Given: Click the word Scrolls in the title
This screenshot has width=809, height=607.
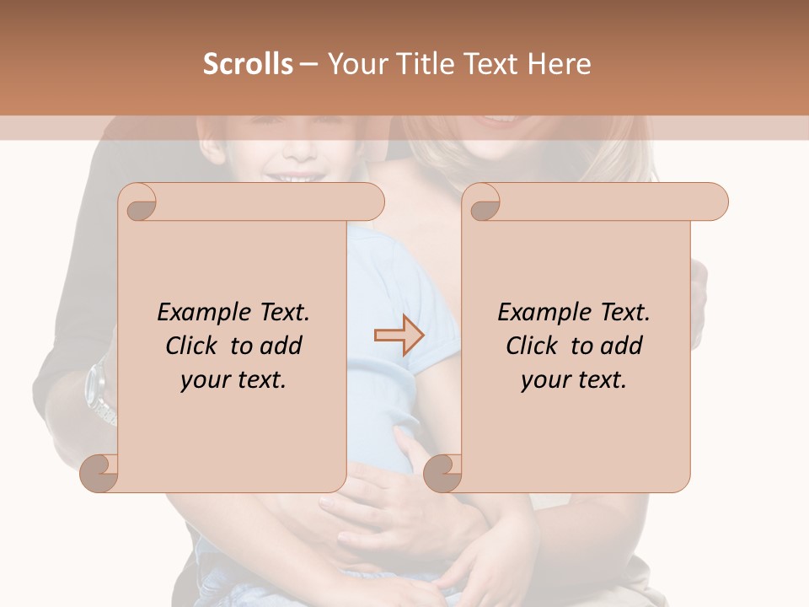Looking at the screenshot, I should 248,64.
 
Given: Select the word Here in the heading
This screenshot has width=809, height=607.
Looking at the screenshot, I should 560,64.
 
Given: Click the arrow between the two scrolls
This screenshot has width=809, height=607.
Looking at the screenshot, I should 399,336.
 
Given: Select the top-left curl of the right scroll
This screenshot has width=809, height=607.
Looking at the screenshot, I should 484,203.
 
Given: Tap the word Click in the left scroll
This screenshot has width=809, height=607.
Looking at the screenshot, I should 193,346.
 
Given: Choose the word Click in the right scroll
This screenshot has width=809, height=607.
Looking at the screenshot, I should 533,346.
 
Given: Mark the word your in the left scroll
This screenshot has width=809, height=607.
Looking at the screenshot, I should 204,380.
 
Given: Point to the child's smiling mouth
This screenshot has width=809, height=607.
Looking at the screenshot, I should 291,177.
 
